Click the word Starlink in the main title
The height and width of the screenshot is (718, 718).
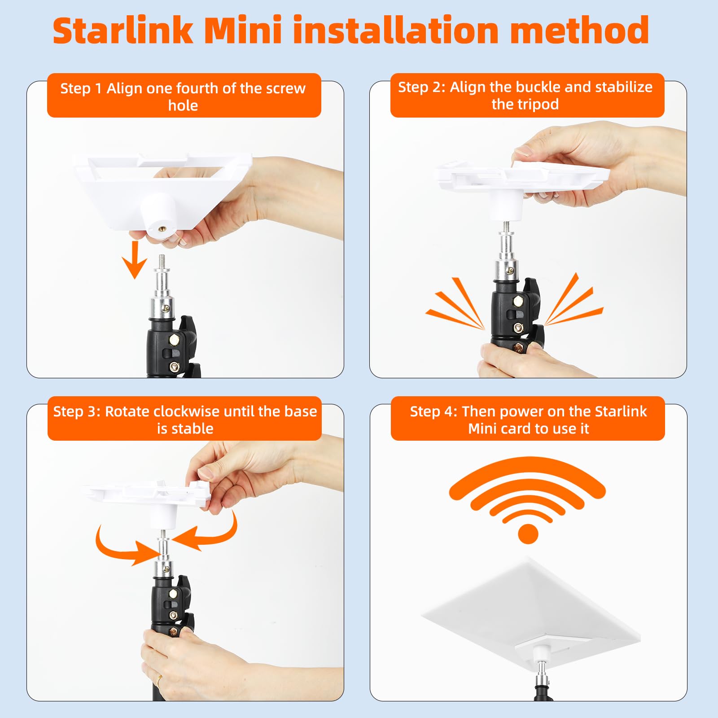point(123,31)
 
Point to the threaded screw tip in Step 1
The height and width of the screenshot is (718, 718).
point(162,260)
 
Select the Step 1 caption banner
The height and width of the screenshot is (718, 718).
point(184,96)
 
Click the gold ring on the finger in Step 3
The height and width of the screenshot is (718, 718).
point(159,679)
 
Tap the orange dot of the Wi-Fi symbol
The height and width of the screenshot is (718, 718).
point(528,534)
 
